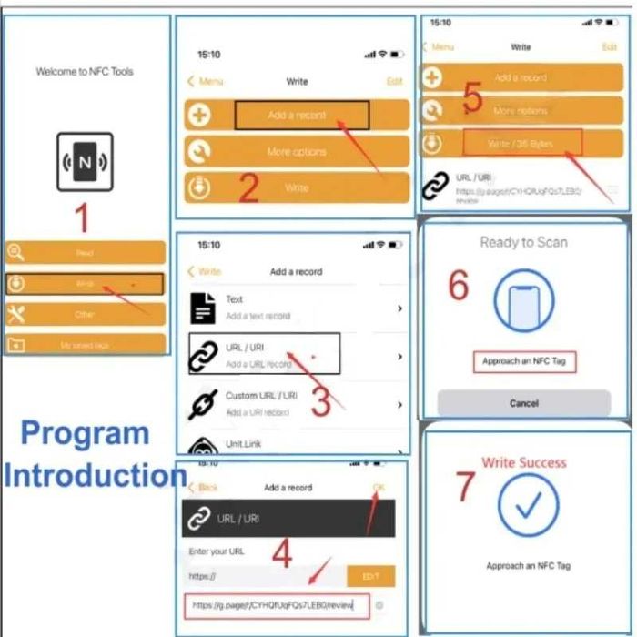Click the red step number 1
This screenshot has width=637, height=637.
(x=81, y=218)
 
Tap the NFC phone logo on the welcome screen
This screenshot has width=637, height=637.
(x=85, y=162)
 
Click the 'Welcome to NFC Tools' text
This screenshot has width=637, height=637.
(x=85, y=71)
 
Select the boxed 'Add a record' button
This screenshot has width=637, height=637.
(x=302, y=116)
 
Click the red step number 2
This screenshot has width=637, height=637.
(x=248, y=187)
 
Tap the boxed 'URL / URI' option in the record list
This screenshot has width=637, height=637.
(x=264, y=353)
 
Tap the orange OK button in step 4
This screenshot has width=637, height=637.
(x=379, y=488)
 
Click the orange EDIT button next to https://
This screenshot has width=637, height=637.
(x=370, y=576)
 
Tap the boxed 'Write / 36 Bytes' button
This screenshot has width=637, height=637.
(x=521, y=143)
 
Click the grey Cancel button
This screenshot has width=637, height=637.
(x=523, y=403)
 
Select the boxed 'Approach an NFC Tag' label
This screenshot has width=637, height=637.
(x=524, y=361)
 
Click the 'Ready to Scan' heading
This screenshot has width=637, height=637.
(x=523, y=242)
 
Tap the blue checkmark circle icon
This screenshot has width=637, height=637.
(x=529, y=502)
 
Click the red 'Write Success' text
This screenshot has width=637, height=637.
(x=524, y=462)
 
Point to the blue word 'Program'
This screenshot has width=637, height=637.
(x=85, y=434)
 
